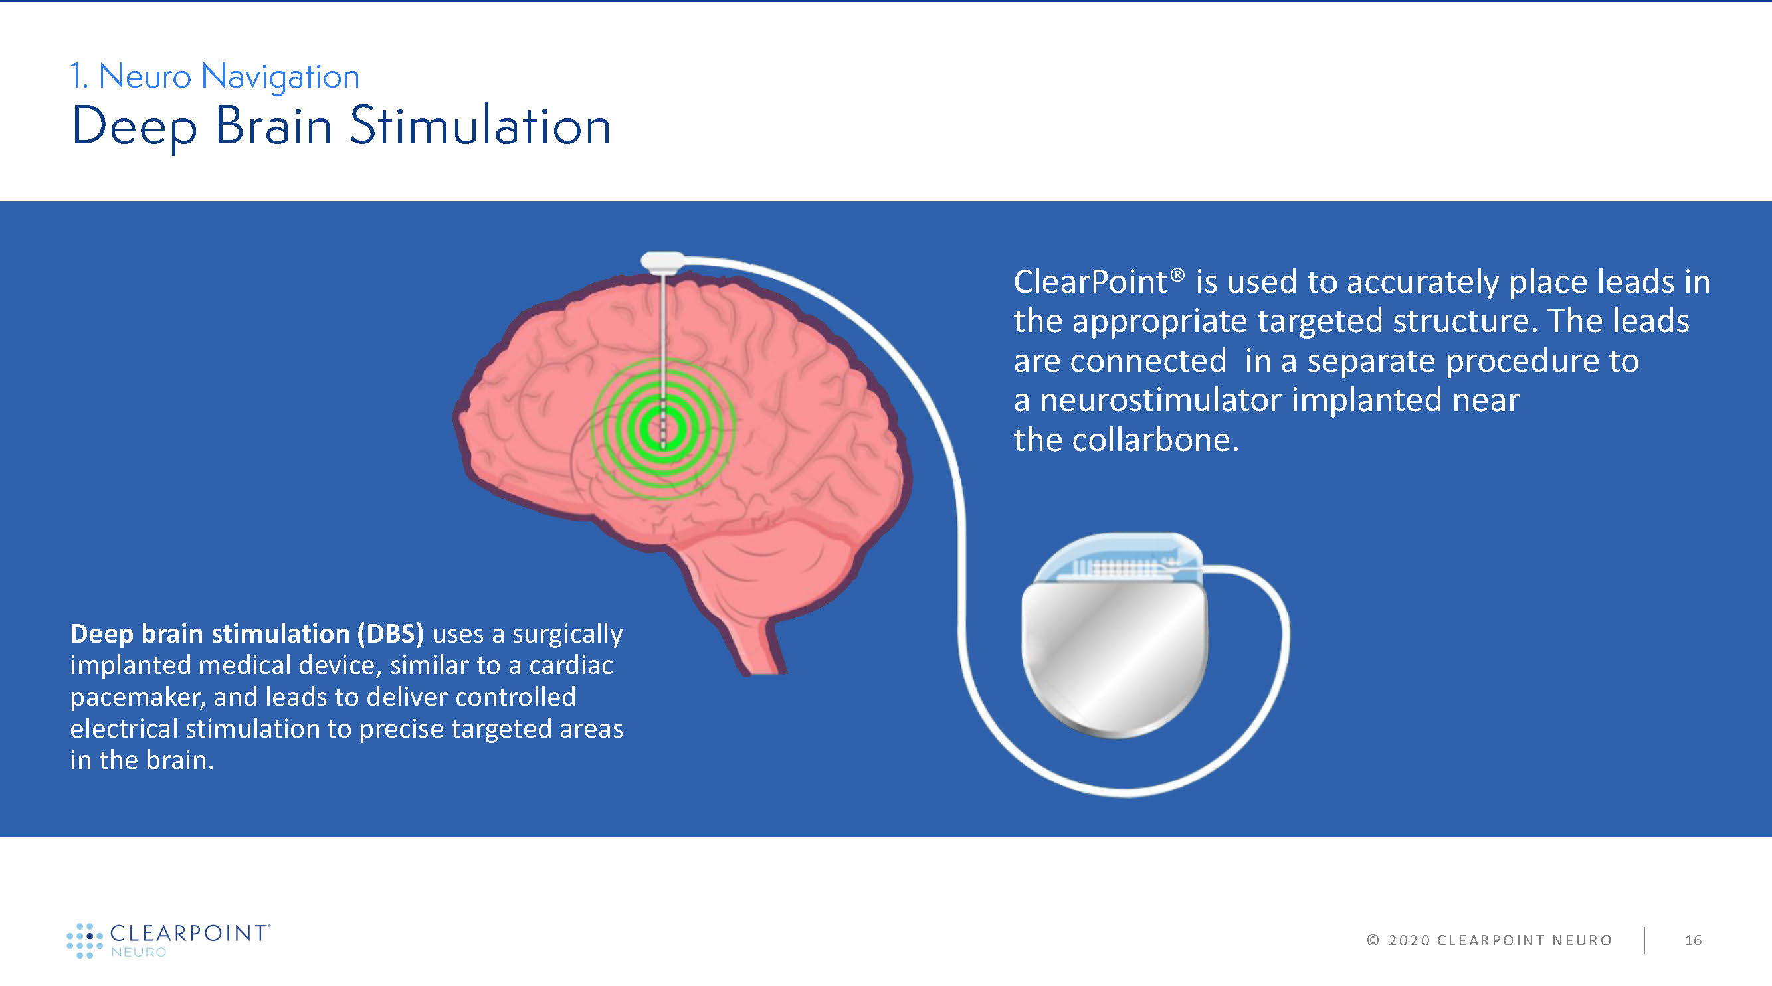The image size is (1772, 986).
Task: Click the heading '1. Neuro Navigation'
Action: [215, 76]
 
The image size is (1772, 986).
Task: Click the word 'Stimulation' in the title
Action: [480, 126]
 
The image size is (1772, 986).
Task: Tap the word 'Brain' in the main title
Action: [274, 126]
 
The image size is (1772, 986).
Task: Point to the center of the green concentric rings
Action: [663, 428]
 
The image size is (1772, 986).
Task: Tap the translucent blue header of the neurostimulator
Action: [1120, 557]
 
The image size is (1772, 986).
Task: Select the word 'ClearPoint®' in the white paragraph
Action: [1099, 282]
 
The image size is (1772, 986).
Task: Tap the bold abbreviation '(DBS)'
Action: [390, 633]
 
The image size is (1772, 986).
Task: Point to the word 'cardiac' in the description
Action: [570, 665]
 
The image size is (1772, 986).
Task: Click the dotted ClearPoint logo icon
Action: [84, 941]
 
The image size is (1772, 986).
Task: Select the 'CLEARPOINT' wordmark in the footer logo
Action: [189, 933]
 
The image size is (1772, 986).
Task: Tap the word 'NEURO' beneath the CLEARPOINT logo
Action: [138, 952]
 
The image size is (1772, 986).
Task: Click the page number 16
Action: [1694, 940]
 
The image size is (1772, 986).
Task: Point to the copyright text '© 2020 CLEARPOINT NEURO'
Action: [1489, 940]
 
